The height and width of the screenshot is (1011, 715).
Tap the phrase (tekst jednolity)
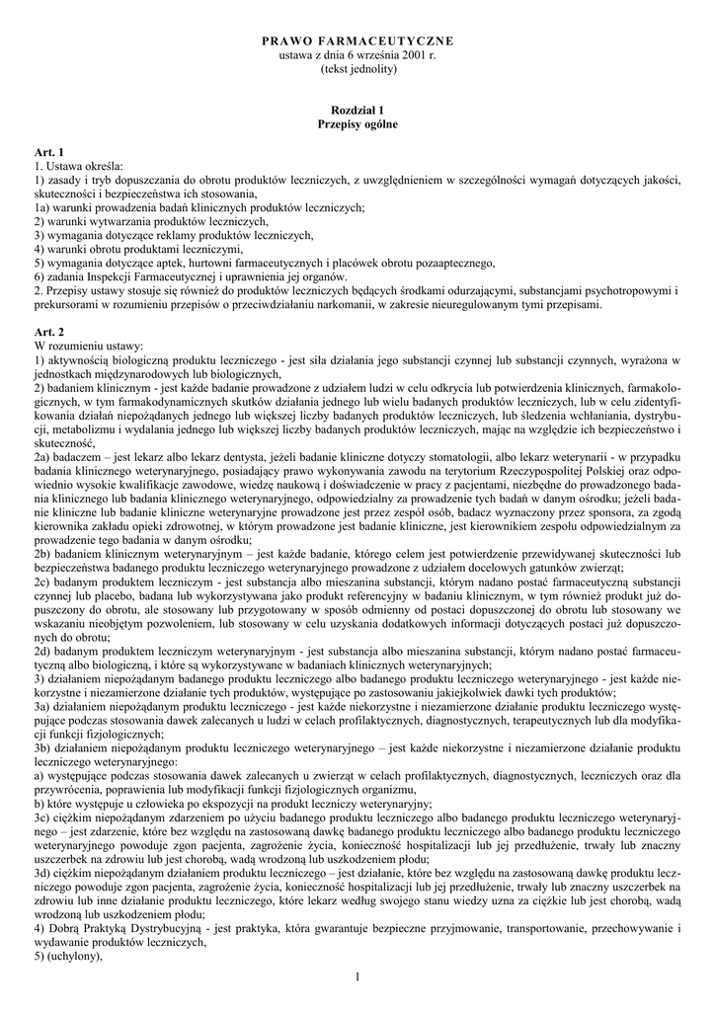357,70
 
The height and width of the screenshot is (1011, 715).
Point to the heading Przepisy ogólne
357,127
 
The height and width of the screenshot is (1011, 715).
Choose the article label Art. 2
49,333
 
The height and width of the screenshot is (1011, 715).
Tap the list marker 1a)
44,207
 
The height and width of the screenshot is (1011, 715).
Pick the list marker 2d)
44,653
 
